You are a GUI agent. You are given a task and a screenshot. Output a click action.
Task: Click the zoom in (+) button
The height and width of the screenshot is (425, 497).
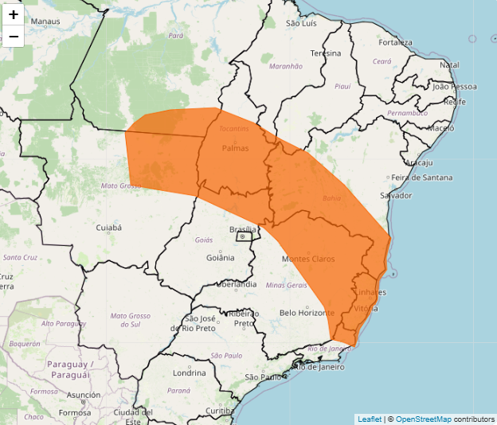(14, 14)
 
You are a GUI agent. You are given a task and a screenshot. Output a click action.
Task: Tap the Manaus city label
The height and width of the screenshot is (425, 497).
(45, 21)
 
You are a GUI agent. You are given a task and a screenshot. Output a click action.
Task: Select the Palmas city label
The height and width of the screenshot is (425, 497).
(235, 148)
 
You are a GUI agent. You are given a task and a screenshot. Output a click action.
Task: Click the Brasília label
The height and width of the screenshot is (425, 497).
(242, 229)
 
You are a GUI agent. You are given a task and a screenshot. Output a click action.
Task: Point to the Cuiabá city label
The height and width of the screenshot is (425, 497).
(108, 228)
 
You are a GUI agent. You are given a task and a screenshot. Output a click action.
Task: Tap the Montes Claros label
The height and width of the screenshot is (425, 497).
(308, 259)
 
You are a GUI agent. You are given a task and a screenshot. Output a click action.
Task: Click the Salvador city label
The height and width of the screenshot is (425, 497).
(397, 195)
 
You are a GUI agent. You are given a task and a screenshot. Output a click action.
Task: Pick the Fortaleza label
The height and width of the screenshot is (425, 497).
(397, 42)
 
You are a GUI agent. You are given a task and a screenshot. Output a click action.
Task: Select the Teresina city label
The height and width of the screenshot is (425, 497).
(326, 53)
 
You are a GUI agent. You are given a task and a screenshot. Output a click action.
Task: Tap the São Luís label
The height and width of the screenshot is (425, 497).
(302, 23)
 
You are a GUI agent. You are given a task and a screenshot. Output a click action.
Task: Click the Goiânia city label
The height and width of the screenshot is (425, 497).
(220, 257)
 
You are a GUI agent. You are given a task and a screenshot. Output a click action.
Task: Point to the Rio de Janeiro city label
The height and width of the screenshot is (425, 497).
(319, 367)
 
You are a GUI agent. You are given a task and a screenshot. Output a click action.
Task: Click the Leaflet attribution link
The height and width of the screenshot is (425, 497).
(369, 419)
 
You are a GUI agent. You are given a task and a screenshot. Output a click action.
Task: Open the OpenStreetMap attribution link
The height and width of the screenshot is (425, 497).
(423, 419)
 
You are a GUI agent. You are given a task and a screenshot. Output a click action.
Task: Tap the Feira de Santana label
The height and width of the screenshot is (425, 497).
(423, 177)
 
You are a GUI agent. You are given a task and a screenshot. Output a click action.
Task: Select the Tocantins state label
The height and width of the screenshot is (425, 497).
(234, 128)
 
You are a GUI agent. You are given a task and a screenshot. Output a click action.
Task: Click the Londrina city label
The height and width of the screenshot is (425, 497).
(189, 372)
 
